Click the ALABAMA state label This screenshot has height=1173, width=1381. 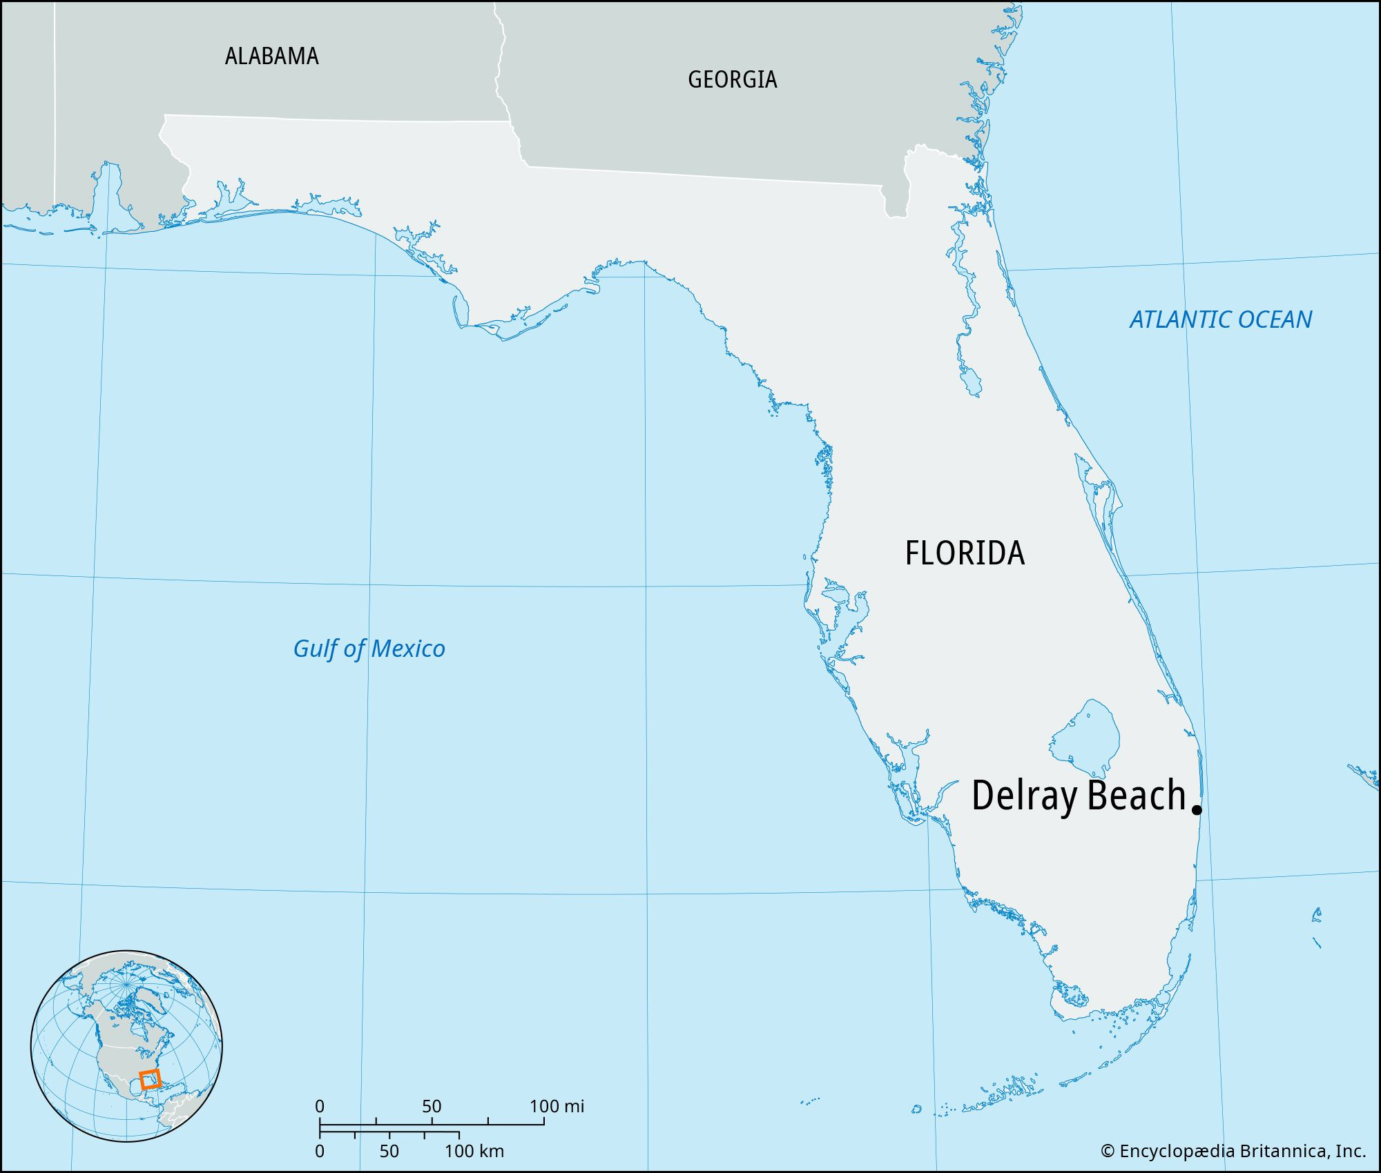(x=271, y=56)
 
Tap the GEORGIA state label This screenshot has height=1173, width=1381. (x=732, y=79)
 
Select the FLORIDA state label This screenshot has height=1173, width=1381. (x=965, y=553)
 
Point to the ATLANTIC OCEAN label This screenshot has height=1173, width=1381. (x=1220, y=319)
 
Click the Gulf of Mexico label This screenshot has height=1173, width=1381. (x=369, y=649)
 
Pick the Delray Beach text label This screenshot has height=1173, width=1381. (x=1079, y=795)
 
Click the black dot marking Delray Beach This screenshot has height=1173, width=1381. (x=1197, y=810)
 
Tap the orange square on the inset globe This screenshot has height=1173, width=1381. (x=150, y=1079)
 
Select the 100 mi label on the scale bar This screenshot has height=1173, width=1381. (x=557, y=1106)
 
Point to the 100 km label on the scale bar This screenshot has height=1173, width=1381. (x=474, y=1151)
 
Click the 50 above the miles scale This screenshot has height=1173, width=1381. (x=432, y=1106)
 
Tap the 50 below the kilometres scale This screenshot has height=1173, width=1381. (x=389, y=1151)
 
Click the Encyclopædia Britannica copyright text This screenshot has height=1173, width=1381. (x=1233, y=1151)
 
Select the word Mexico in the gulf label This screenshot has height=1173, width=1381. (x=407, y=649)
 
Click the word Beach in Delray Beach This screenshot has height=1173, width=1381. (x=1137, y=795)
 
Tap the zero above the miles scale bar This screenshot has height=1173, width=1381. (x=319, y=1106)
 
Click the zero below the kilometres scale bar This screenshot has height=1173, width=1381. (x=319, y=1151)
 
